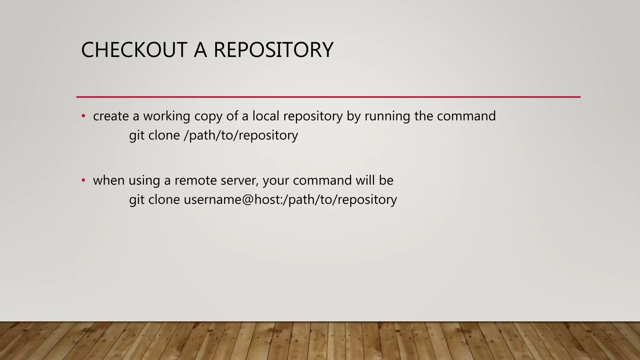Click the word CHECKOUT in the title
(x=134, y=50)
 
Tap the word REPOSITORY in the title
(x=273, y=50)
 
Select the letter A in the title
(x=200, y=50)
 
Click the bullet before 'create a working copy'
(x=83, y=116)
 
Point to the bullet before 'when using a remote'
(x=83, y=180)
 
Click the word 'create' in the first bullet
(x=111, y=116)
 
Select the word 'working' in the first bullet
(x=167, y=116)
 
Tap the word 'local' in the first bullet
(x=266, y=116)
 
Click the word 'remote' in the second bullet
(x=195, y=181)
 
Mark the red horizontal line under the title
(x=328, y=97)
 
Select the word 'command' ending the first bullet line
(x=466, y=116)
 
